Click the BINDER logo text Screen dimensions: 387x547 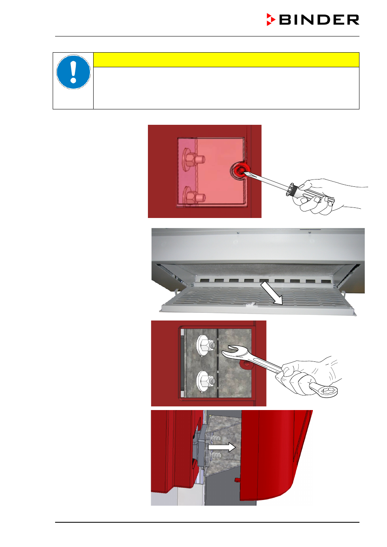(x=319, y=20)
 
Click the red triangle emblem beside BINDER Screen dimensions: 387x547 (x=271, y=19)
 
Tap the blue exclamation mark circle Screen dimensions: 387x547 (x=73, y=72)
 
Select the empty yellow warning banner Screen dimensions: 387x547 (x=226, y=60)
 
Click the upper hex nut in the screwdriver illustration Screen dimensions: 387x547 (x=192, y=160)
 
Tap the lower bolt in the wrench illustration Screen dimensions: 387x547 (x=206, y=381)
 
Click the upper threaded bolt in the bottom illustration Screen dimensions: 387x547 (x=215, y=438)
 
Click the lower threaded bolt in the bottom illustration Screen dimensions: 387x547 (x=215, y=455)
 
